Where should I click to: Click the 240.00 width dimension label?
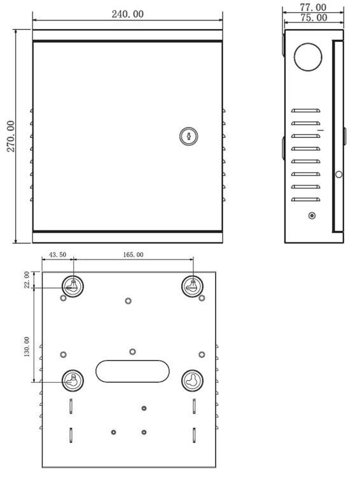pos(127,14)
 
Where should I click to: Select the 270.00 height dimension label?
pos(11,136)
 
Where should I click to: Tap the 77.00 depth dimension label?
pos(313,7)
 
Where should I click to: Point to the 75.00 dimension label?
pos(314,18)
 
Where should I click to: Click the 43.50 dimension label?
pos(57,254)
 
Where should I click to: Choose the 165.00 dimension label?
pos(133,254)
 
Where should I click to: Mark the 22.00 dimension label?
pos(27,280)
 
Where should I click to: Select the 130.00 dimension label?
pos(27,347)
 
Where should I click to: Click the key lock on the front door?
pos(189,136)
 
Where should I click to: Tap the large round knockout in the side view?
pos(308,57)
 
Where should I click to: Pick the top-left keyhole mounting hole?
pos(73,286)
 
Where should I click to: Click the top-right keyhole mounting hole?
pos(192,286)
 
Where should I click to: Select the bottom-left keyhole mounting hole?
pos(73,380)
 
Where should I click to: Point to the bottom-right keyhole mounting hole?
pos(192,380)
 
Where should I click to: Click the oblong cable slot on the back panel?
pos(132,371)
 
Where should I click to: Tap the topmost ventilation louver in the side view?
pos(305,111)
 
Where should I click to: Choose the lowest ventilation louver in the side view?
pos(305,200)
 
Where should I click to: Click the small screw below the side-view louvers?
pos(312,216)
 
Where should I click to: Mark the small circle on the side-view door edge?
pos(339,175)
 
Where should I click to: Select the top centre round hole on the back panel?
pos(128,301)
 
